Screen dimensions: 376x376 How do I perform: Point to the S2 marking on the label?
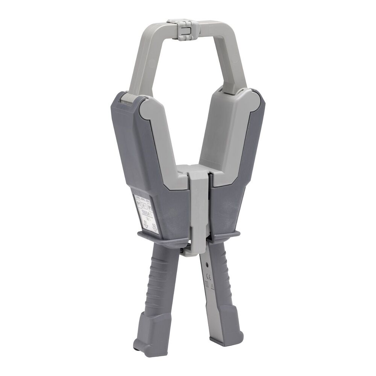pos(154,226)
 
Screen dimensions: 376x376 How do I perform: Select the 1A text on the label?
pos(147,218)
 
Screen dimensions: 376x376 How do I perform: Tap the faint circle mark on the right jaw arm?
pos(235,58)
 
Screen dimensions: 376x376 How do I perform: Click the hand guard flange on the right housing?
pos(226,237)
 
